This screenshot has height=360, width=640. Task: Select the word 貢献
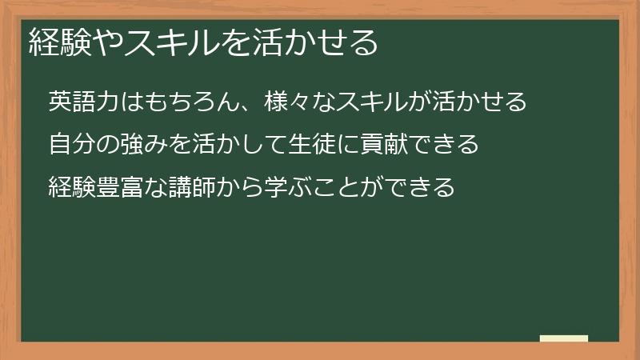[x=385, y=145]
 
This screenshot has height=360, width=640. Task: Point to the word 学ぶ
[x=288, y=187]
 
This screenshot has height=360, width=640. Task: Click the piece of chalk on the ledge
[x=564, y=339]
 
